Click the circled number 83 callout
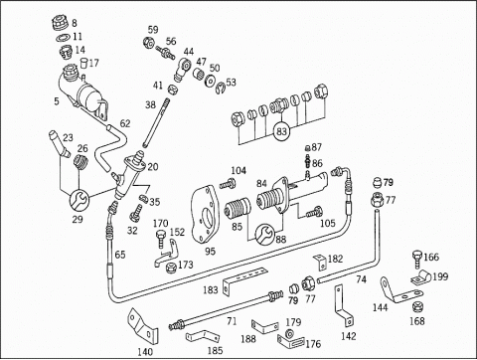[x=281, y=131]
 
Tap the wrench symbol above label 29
[x=79, y=200]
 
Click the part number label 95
[x=210, y=252]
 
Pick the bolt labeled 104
[x=228, y=183]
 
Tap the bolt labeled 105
[x=314, y=212]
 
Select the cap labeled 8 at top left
[x=61, y=23]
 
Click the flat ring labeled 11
[x=63, y=38]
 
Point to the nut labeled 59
[x=148, y=43]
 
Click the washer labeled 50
[x=210, y=82]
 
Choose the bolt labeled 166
[x=417, y=260]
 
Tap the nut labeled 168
[x=417, y=307]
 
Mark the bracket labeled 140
[x=143, y=327]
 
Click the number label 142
[x=348, y=336]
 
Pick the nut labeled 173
[x=170, y=267]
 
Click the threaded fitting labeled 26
[x=79, y=161]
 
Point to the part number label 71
[x=232, y=321]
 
